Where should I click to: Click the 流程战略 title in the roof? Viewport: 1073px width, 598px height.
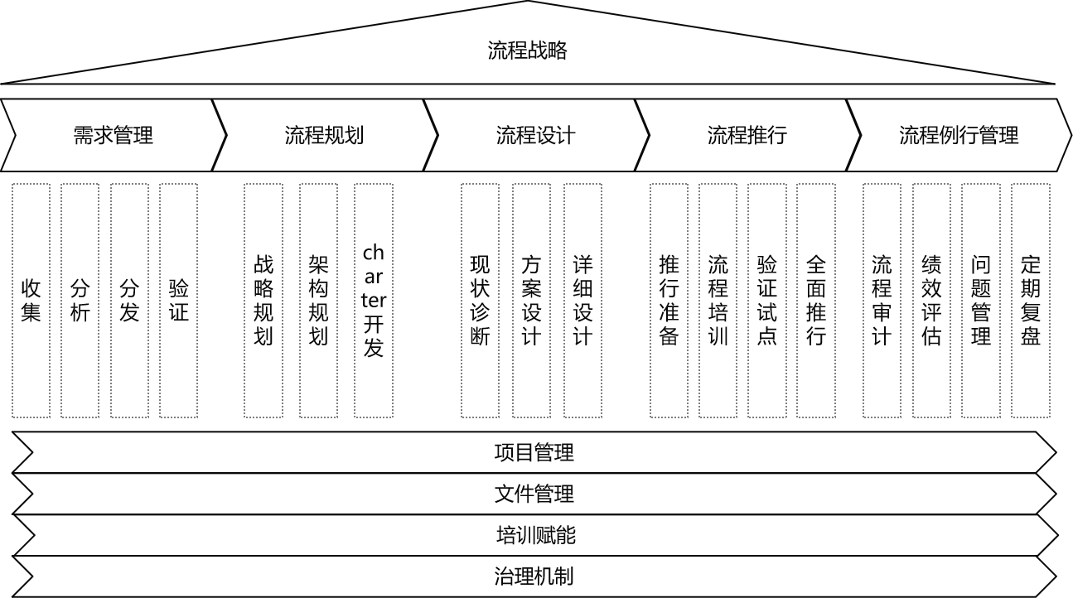point(528,51)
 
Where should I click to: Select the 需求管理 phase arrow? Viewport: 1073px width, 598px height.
point(114,135)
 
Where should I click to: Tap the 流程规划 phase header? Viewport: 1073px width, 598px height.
point(324,135)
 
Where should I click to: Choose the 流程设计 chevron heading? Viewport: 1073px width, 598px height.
point(535,135)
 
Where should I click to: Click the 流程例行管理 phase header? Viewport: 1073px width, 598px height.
point(959,135)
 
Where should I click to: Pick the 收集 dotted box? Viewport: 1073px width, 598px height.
point(31,301)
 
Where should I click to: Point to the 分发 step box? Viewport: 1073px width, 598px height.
point(129,301)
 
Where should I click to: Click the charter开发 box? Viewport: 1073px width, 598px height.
point(374,301)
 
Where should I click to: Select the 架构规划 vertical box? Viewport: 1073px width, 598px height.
point(318,301)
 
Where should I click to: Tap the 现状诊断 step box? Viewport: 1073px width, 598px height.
point(480,301)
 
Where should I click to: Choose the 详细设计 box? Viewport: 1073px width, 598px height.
point(582,301)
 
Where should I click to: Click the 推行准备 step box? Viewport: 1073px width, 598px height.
point(669,301)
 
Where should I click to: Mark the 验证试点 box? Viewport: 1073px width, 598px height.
point(766,301)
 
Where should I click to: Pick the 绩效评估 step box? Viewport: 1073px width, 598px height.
point(931,301)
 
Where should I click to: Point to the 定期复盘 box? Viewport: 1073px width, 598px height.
point(1030,301)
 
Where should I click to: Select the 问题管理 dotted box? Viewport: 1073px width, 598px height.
point(981,301)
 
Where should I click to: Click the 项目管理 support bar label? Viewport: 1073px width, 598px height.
point(534,453)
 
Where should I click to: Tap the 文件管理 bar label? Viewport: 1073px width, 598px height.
point(534,494)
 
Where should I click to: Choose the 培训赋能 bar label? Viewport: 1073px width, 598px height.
point(535,536)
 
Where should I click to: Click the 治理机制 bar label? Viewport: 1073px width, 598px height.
point(534,576)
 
